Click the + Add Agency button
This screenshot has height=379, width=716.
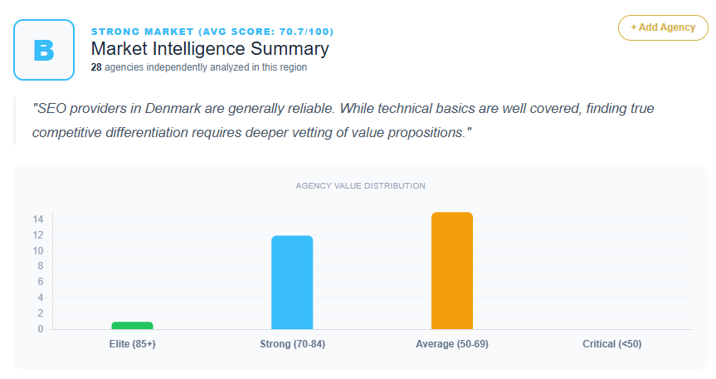pyautogui.click(x=663, y=27)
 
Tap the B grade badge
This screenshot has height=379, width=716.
pyautogui.click(x=44, y=50)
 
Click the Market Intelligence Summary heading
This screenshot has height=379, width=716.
pyautogui.click(x=210, y=49)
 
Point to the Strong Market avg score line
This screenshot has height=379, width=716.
pyautogui.click(x=212, y=32)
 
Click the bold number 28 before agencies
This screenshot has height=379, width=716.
pyautogui.click(x=96, y=67)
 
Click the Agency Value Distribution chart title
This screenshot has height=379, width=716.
pyautogui.click(x=360, y=185)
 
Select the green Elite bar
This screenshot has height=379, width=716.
pyautogui.click(x=132, y=325)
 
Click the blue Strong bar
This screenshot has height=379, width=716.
pyautogui.click(x=292, y=283)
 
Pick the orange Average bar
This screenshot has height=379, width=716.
pyautogui.click(x=452, y=271)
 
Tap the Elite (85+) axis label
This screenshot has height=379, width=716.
pyautogui.click(x=132, y=344)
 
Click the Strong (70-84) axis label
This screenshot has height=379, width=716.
pyautogui.click(x=292, y=344)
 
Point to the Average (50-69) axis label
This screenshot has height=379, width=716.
pyautogui.click(x=452, y=344)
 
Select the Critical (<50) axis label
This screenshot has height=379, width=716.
pyautogui.click(x=611, y=344)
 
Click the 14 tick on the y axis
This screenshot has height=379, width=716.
pyautogui.click(x=38, y=219)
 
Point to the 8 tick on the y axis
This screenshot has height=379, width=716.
pyautogui.click(x=41, y=267)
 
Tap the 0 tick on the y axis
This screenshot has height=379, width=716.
pyautogui.click(x=41, y=329)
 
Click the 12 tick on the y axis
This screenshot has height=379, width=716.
pyautogui.click(x=38, y=235)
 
